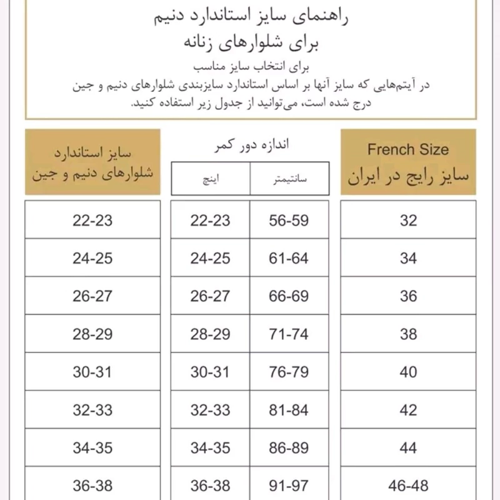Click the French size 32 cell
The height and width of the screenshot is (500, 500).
coord(408,220)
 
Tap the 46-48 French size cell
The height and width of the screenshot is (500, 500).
coord(408,484)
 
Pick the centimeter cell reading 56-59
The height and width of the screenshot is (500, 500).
coord(289,220)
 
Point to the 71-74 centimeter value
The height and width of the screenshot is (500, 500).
coord(289,334)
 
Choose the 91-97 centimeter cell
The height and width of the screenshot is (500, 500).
coord(289,484)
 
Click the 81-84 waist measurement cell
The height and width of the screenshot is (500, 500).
coord(289,409)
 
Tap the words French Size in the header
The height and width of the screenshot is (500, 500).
coord(408,149)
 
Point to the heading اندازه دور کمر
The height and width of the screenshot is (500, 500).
coord(249,145)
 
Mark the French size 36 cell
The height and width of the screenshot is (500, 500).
coord(408,296)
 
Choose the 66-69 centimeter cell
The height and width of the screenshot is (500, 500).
coord(289,296)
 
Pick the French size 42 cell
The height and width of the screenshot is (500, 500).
coord(408,409)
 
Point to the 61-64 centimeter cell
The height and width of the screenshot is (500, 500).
coord(289,257)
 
